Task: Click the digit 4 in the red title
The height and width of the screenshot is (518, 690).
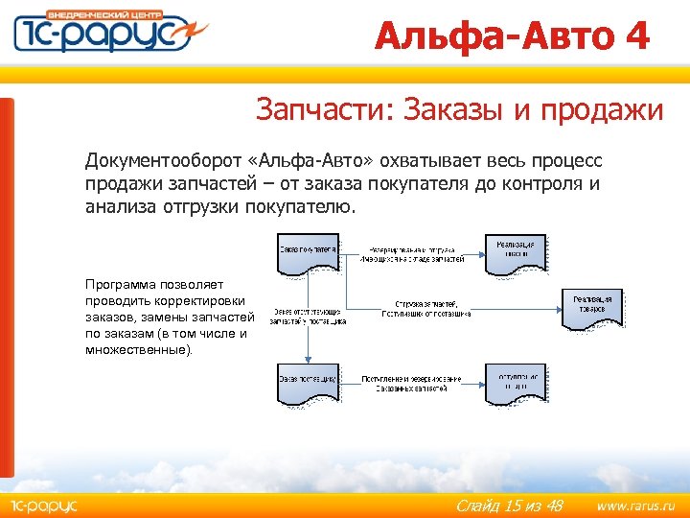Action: click(635, 37)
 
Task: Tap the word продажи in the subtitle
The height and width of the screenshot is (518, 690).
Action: click(602, 110)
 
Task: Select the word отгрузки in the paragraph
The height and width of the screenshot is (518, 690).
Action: click(201, 206)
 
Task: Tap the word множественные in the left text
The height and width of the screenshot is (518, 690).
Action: click(137, 350)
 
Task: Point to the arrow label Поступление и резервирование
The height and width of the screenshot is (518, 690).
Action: click(411, 379)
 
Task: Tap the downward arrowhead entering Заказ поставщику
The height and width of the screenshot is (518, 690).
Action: click(307, 360)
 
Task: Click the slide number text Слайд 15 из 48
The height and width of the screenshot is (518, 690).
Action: click(509, 506)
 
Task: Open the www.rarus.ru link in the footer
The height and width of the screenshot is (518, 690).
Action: click(635, 506)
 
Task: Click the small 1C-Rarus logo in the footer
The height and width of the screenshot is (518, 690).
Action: click(43, 506)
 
